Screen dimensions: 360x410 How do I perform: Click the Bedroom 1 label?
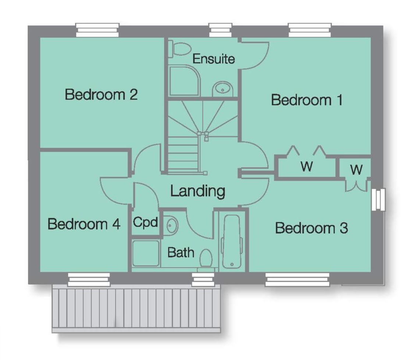click(307, 100)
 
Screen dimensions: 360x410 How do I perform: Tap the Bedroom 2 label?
click(101, 95)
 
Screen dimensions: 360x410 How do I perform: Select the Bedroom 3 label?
click(311, 228)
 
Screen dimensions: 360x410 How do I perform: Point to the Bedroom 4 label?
click(84, 224)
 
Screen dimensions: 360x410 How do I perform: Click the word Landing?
click(197, 191)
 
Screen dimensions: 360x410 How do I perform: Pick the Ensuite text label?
click(214, 59)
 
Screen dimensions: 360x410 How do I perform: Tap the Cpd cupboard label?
click(145, 222)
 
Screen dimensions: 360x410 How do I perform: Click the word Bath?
click(181, 252)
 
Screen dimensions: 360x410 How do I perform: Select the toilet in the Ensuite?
click(179, 49)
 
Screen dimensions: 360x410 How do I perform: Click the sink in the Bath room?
click(171, 225)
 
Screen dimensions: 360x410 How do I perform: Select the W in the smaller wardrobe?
click(356, 169)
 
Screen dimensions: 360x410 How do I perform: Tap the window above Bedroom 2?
click(97, 30)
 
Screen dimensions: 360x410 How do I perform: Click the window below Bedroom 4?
click(89, 280)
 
